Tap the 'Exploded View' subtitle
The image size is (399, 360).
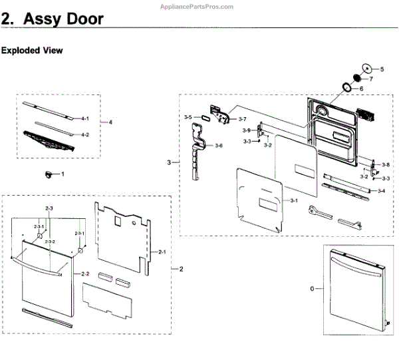[x=32, y=51]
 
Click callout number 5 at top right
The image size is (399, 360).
[x=382, y=69]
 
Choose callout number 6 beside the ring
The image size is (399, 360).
[x=361, y=89]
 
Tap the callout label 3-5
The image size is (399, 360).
[x=188, y=118]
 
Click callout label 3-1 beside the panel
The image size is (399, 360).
[x=292, y=201]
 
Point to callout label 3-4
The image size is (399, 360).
[x=381, y=191]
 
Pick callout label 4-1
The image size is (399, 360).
[x=84, y=118]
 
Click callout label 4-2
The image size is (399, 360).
[x=84, y=134]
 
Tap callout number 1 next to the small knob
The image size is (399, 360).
[x=63, y=174]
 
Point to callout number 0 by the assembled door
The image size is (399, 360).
[x=312, y=289]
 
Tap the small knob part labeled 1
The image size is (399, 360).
[x=49, y=174]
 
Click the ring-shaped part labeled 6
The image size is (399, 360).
[x=347, y=87]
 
